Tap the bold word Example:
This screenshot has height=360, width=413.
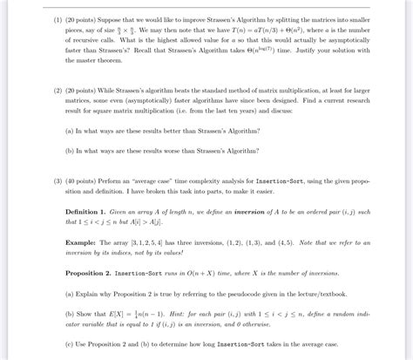(81, 241)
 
